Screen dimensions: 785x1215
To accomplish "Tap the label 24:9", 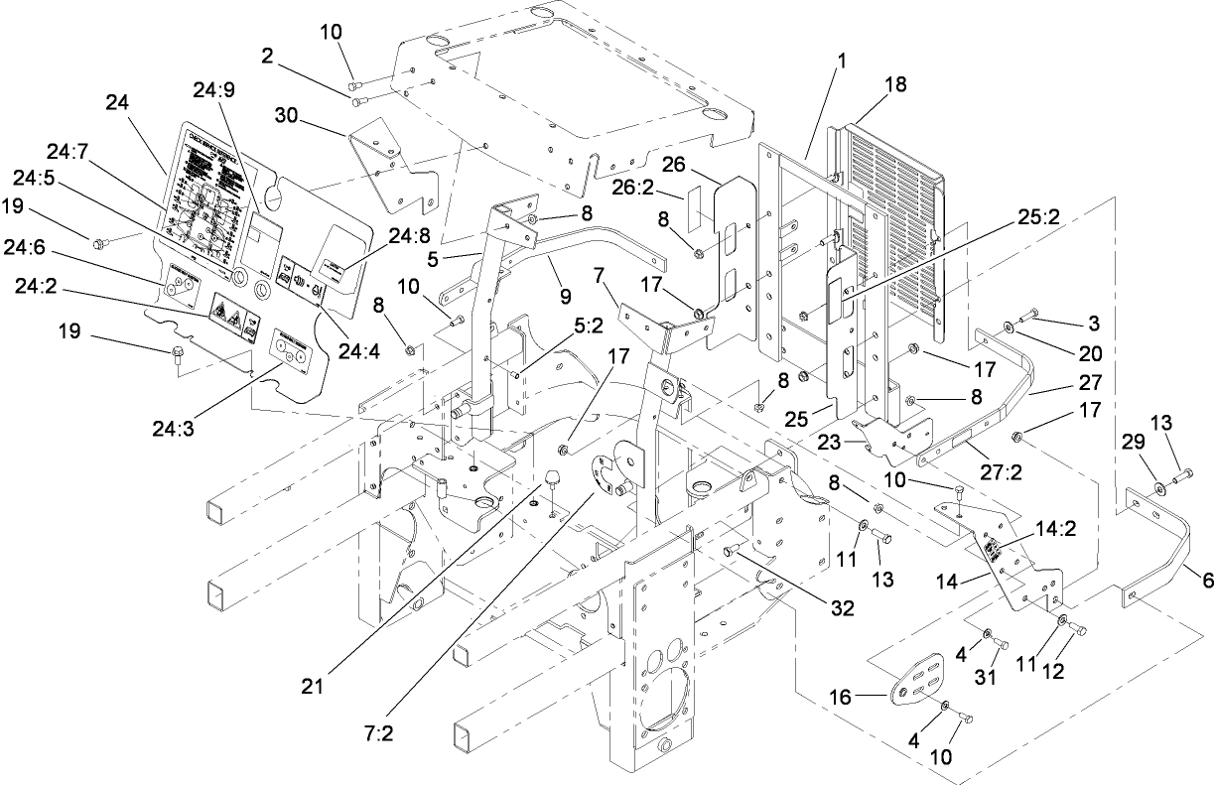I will pyautogui.click(x=213, y=87).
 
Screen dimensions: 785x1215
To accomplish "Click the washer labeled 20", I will pyautogui.click(x=1009, y=325).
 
